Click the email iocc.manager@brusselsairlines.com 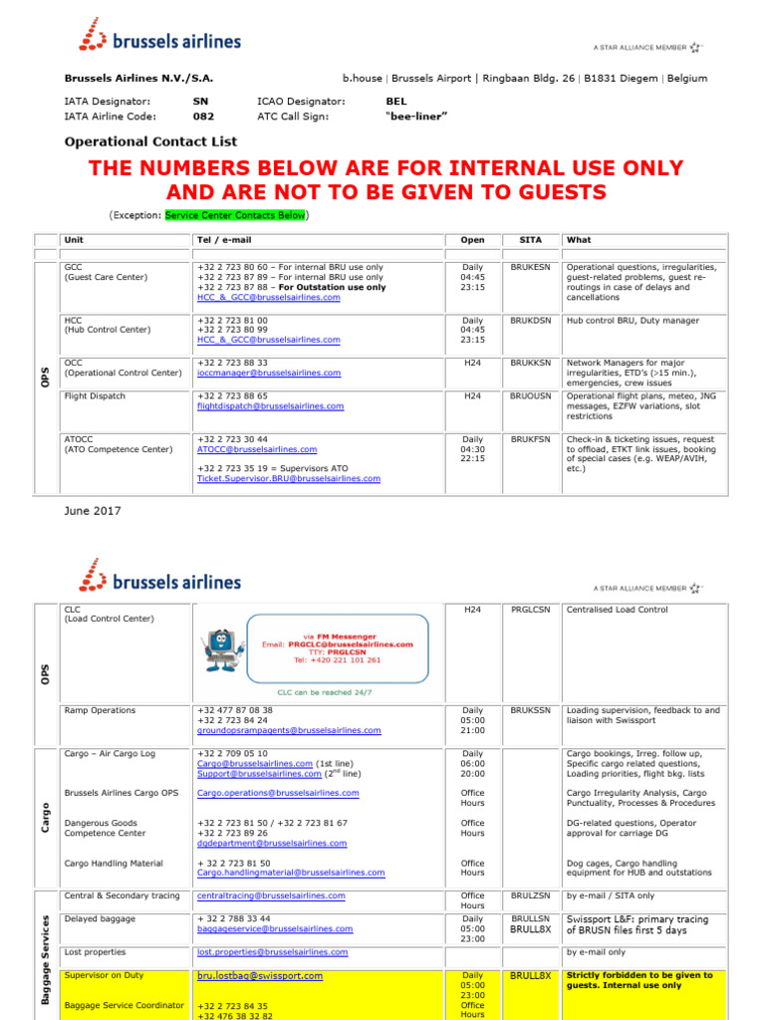[268, 374]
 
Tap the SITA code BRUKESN [530, 268]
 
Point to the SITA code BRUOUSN [530, 396]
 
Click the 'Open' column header [472, 240]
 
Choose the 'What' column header [579, 240]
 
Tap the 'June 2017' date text [93, 511]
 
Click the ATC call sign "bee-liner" [416, 117]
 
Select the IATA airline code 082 [203, 117]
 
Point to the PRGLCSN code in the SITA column [530, 610]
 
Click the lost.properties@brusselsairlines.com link [273, 954]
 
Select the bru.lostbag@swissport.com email [260, 976]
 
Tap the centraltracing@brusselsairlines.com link [271, 896]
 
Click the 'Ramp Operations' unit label [100, 711]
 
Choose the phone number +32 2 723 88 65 [232, 396]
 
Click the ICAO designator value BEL [396, 102]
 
